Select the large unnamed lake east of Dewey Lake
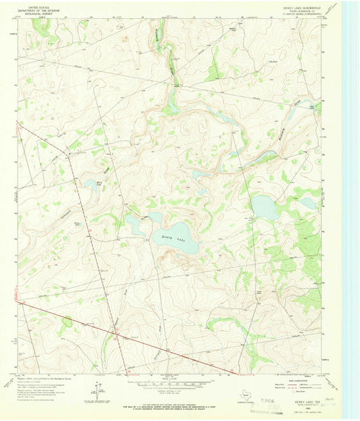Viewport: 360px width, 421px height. coord(265,207)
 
